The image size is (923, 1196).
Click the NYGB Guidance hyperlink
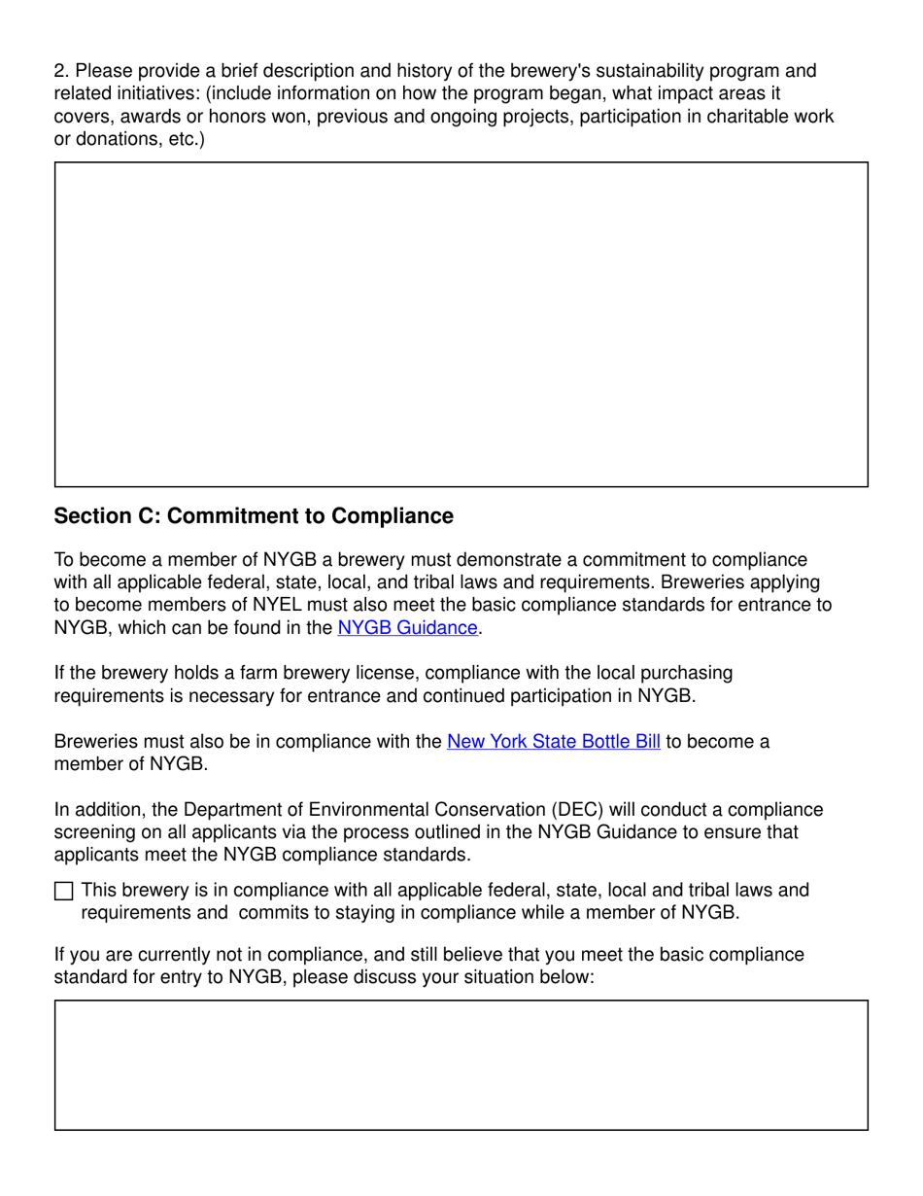pyautogui.click(x=407, y=628)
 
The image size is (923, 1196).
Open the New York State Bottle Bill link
pyautogui.click(x=553, y=742)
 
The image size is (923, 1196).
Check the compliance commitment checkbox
pyautogui.click(x=63, y=891)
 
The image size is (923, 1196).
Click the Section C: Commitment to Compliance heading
pyautogui.click(x=254, y=516)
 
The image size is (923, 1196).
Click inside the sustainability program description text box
pyautogui.click(x=461, y=324)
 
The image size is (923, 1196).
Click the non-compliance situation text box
pyautogui.click(x=461, y=1065)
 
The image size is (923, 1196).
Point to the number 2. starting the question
pyautogui.click(x=61, y=71)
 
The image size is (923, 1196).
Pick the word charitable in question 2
pyautogui.click(x=740, y=117)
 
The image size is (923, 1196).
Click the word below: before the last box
pyautogui.click(x=566, y=977)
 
